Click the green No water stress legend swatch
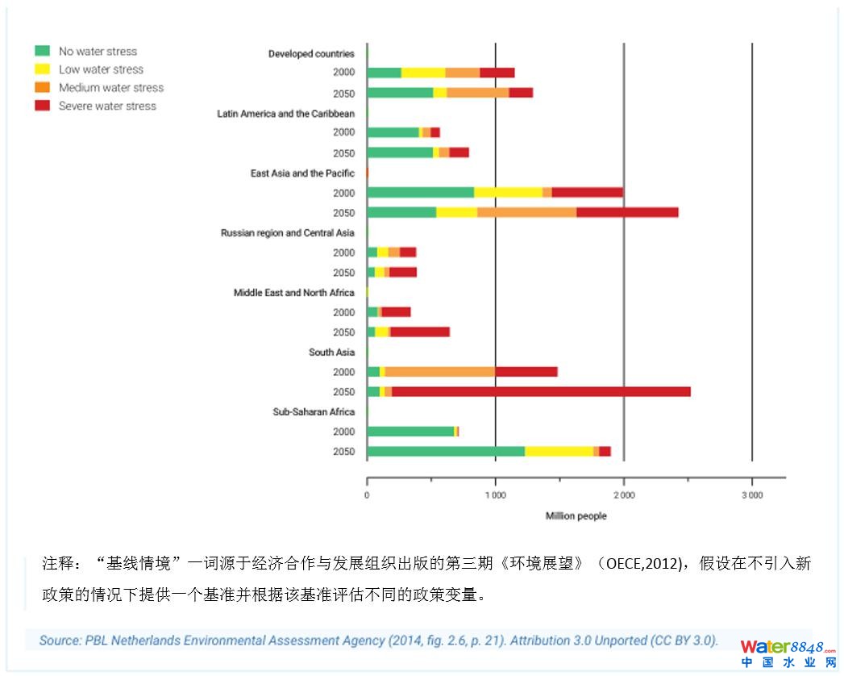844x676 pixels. (x=43, y=52)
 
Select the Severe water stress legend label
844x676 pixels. (x=107, y=106)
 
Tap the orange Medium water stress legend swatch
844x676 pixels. (x=43, y=87)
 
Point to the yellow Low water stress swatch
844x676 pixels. (x=43, y=69)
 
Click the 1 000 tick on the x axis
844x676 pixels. (x=495, y=494)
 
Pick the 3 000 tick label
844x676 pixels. (x=751, y=494)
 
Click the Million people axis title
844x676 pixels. (x=576, y=516)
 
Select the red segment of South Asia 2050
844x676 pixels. (x=540, y=392)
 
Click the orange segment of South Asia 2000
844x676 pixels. (x=439, y=372)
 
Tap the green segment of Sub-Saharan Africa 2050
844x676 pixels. (x=445, y=452)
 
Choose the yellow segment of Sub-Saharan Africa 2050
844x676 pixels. (x=559, y=452)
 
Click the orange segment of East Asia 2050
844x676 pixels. (x=526, y=212)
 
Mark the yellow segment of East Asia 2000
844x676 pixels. (x=508, y=192)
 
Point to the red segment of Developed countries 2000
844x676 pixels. (x=497, y=73)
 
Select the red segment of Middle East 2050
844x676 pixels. (x=419, y=332)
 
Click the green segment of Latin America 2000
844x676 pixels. (x=393, y=132)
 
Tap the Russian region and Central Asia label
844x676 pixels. (x=287, y=233)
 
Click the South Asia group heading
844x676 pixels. (x=331, y=353)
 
